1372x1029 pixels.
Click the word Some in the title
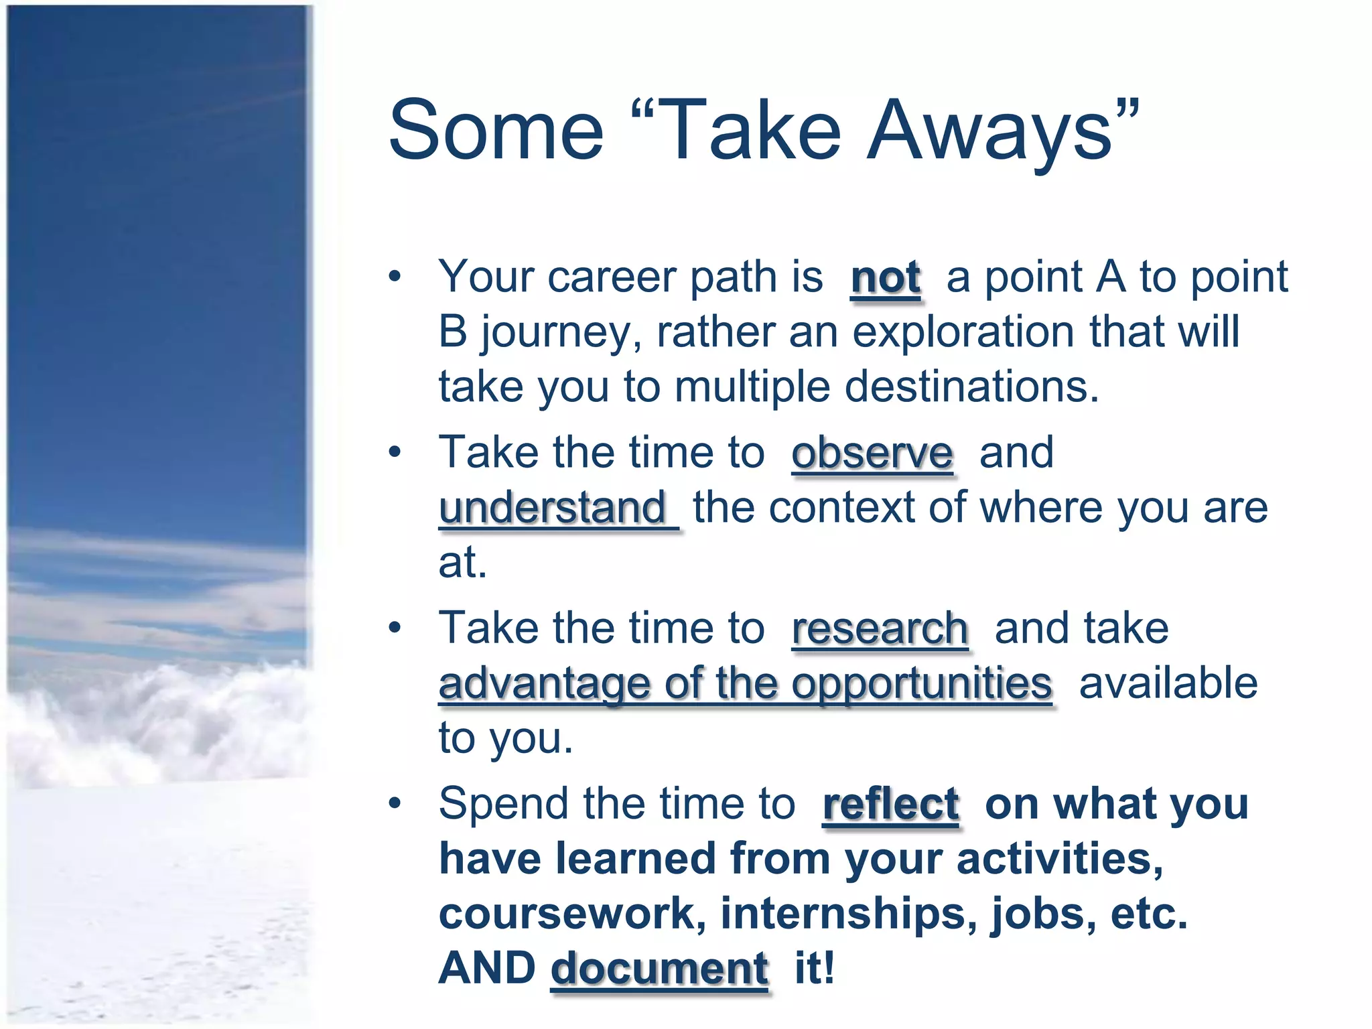point(496,131)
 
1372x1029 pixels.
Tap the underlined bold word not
point(885,277)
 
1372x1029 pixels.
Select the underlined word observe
point(872,454)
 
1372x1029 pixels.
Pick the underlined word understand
point(552,508)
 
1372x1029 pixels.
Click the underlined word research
point(880,630)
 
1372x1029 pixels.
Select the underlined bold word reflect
point(890,804)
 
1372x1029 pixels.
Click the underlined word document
point(659,969)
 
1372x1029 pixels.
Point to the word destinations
point(971,387)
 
